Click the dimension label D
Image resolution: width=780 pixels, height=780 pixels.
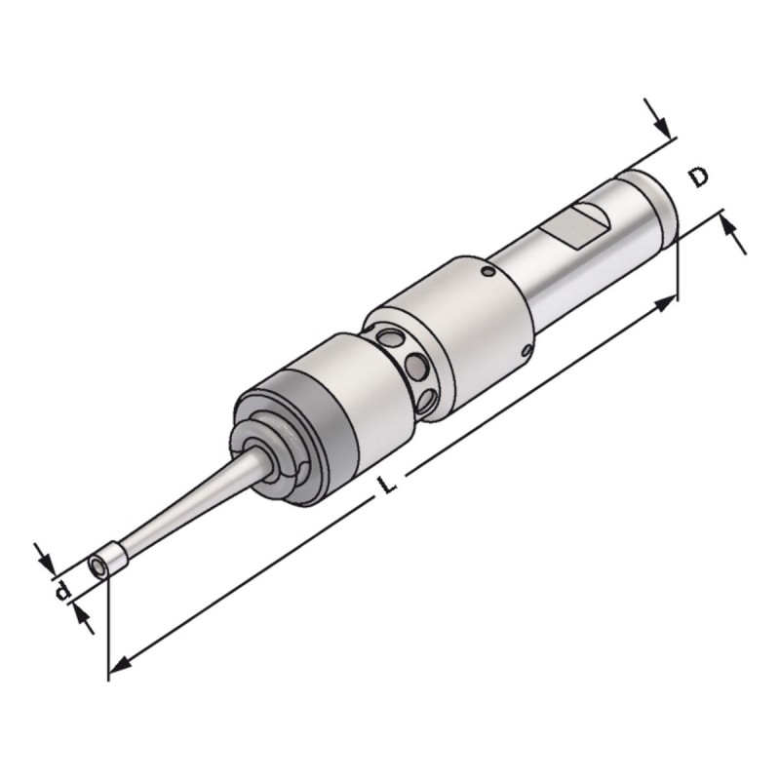pos(699,177)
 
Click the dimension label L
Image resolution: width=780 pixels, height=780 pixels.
pos(387,484)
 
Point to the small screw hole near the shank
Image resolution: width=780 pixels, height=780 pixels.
pos(489,272)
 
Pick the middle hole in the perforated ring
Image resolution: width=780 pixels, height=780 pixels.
pos(415,367)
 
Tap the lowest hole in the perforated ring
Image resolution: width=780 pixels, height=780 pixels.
pos(428,401)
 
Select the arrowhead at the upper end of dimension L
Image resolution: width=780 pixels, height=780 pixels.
pos(666,302)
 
